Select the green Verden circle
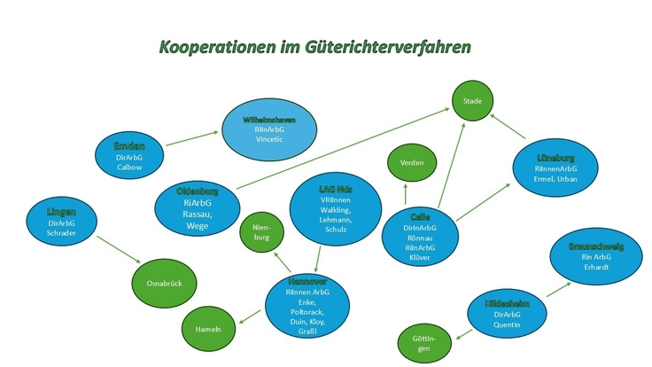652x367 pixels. pos(412,162)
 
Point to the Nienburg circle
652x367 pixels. pos(262,232)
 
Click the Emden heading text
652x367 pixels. pos(129,145)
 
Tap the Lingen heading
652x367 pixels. pos(62,212)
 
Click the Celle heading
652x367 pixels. pos(420,216)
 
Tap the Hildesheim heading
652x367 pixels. pos(507,304)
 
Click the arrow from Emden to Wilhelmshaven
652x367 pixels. pos(191,140)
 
